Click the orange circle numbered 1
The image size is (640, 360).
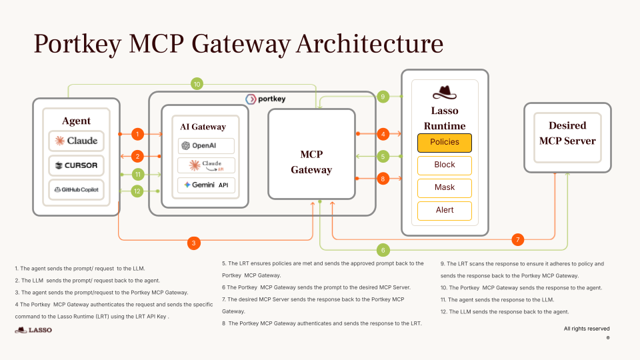tap(137, 134)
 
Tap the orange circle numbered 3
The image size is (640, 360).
tap(193, 243)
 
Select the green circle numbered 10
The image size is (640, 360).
tap(197, 84)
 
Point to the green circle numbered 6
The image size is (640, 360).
tap(383, 250)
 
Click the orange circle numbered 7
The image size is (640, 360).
tap(517, 239)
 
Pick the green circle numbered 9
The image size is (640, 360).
tap(383, 97)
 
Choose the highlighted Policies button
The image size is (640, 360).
tap(444, 142)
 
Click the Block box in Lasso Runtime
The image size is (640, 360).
tap(444, 165)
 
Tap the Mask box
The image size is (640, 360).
tap(444, 187)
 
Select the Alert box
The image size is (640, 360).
tap(444, 210)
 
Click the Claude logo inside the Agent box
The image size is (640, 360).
tap(76, 141)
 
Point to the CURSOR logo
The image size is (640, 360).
tap(76, 165)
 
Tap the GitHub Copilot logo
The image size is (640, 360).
tap(76, 189)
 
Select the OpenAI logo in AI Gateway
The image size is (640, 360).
tap(205, 145)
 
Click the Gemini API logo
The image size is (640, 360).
tap(205, 185)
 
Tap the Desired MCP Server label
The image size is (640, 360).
tap(567, 133)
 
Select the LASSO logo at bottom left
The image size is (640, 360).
tap(33, 330)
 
